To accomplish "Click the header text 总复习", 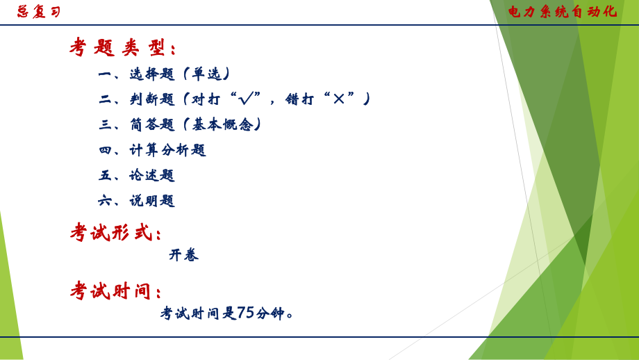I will click(x=39, y=12).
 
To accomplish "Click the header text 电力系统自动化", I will click(x=561, y=11).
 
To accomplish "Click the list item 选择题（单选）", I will click(x=179, y=74).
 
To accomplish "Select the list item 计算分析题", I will click(x=167, y=149).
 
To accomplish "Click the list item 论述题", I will click(x=152, y=175).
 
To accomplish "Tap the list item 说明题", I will click(x=152, y=201).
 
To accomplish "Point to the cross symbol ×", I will click(x=338, y=99).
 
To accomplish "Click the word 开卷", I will click(x=184, y=255).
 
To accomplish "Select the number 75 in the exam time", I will click(x=245, y=313).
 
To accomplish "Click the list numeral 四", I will click(x=105, y=149).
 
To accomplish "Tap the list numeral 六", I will click(x=105, y=201).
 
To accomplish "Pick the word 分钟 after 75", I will click(x=270, y=313).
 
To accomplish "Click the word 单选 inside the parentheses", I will click(x=206, y=74).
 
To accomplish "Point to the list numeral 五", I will click(x=105, y=175).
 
